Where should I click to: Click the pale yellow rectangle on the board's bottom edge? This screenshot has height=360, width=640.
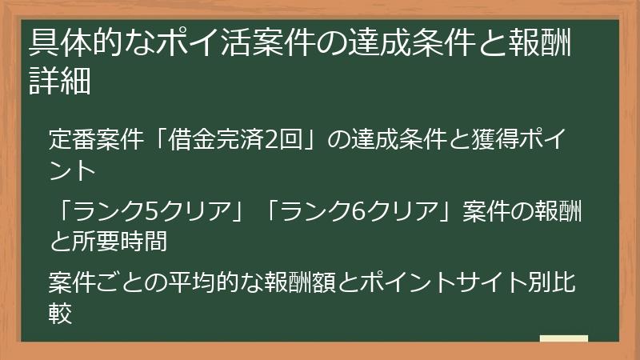[563, 339]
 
